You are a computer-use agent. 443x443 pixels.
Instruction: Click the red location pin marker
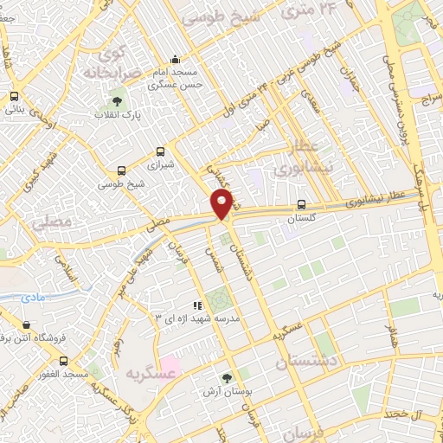(x=222, y=204)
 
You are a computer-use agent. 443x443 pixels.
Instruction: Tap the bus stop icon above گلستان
(x=300, y=205)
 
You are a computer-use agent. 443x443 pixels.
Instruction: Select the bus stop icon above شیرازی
(x=159, y=149)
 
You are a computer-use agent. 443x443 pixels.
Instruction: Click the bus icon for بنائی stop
(x=14, y=97)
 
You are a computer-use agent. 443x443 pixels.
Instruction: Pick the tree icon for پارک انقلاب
(x=117, y=103)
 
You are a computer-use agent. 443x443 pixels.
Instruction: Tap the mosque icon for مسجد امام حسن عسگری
(x=176, y=61)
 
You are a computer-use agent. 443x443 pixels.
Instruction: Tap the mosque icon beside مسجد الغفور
(x=61, y=360)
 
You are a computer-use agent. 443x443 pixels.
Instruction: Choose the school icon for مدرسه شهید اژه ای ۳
(x=197, y=305)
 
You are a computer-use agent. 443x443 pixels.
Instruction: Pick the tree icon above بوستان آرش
(x=227, y=377)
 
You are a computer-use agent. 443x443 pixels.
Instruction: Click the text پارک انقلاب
(x=119, y=115)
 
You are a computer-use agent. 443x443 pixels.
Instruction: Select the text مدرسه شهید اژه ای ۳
(x=197, y=318)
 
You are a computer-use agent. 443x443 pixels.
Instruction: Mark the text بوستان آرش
(x=229, y=391)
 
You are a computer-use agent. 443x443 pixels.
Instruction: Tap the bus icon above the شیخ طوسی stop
(x=120, y=170)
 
